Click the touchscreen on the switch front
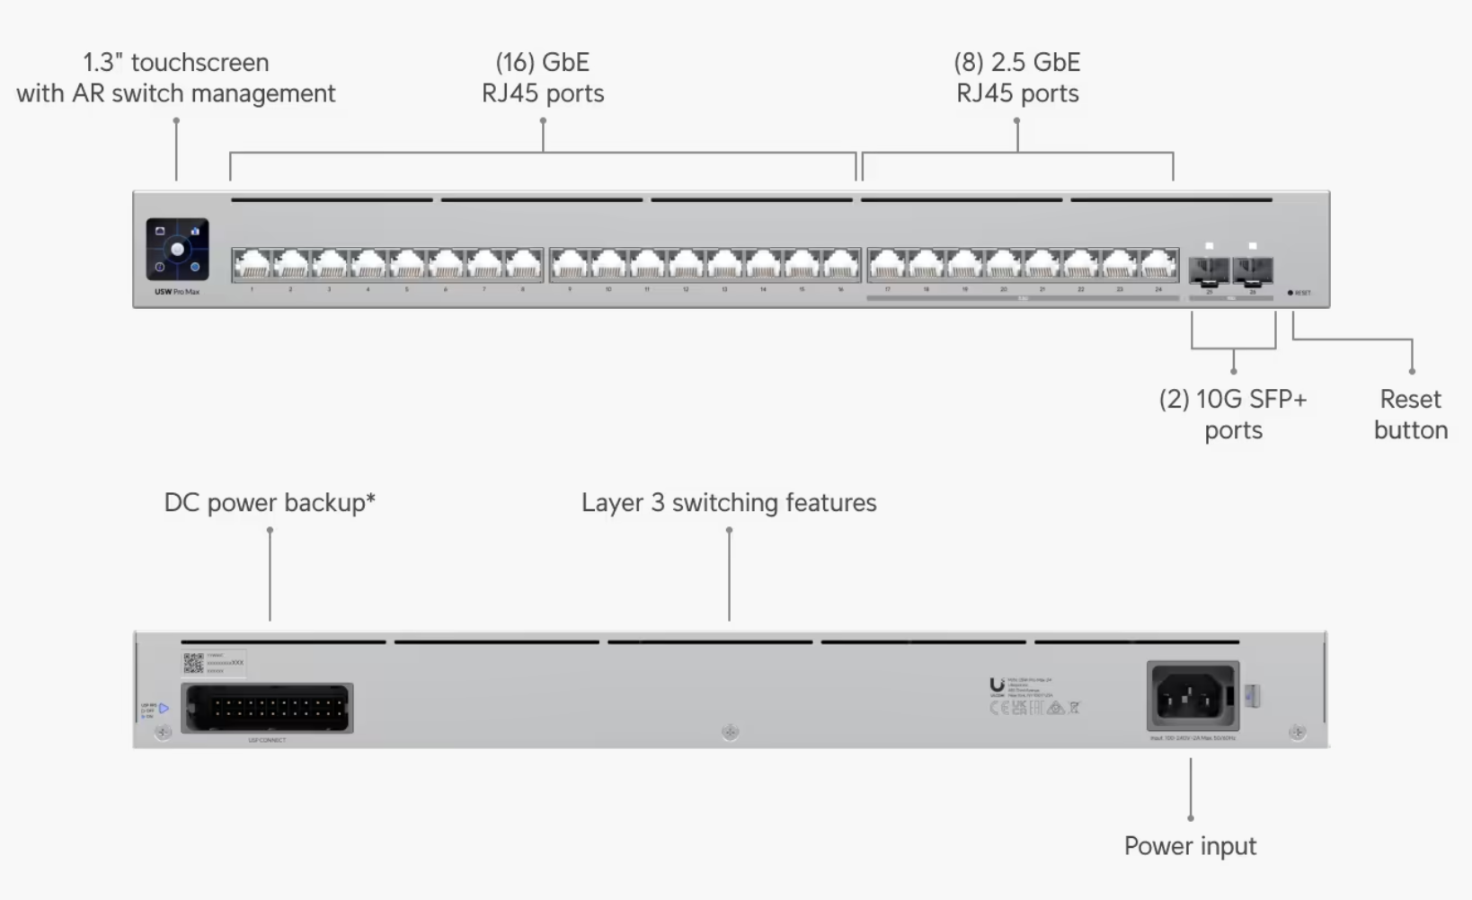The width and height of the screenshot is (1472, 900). coord(178,249)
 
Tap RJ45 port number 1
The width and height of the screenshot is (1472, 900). coord(252,265)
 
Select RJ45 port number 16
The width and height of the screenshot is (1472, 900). coord(841,265)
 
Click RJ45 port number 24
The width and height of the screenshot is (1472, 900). coord(1158,265)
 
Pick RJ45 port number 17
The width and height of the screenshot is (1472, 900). coord(887,265)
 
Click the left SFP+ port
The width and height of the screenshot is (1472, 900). coord(1210,269)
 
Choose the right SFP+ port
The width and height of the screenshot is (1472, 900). coord(1253,269)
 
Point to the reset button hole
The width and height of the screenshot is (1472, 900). coord(1290,293)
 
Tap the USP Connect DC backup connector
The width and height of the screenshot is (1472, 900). coord(267,708)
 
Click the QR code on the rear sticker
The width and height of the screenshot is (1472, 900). coord(193,664)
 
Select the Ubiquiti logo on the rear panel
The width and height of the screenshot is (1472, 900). coord(997,687)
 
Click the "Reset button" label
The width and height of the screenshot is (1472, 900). coord(1410,414)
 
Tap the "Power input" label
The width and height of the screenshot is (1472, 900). coord(1190,846)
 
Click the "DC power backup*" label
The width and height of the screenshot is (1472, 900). coord(270,503)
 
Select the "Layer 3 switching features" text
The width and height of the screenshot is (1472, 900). coord(729,503)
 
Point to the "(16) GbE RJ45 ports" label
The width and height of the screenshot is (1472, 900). coord(543,78)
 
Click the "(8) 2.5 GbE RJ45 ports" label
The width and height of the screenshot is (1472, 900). coord(1017,78)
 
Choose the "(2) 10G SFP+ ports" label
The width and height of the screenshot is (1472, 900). coord(1233,414)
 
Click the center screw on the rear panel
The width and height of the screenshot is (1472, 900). coord(730,732)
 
